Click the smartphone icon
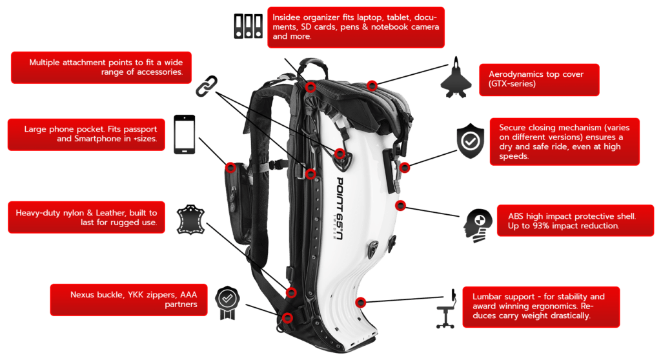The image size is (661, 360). click(184, 134)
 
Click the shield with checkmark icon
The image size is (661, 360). click(470, 141)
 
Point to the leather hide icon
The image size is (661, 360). click(190, 219)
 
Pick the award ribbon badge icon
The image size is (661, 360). click(227, 303)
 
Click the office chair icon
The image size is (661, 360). click(447, 309)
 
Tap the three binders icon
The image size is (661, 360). click(249, 26)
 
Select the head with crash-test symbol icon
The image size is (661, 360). click(478, 226)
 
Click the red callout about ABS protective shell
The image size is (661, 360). click(575, 221)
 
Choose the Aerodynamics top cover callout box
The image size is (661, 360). click(539, 79)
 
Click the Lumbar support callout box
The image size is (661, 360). click(541, 307)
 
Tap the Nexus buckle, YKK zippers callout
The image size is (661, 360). click(128, 300)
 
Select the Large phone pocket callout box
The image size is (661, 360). click(86, 134)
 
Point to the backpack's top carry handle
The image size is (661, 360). click(312, 66)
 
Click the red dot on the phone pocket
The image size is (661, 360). click(230, 168)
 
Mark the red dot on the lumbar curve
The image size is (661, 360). click(360, 302)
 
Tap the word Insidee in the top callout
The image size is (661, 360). click(287, 17)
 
